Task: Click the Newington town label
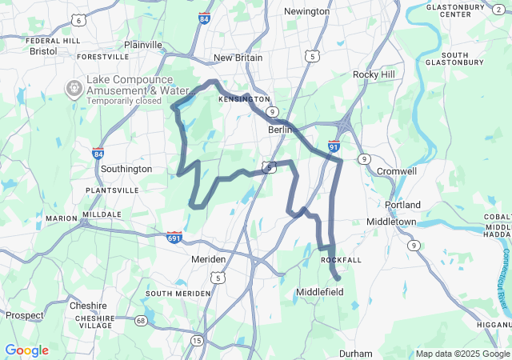(x=307, y=11)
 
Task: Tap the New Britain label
(x=238, y=58)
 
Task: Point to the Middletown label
(x=391, y=222)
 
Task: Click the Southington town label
(x=126, y=170)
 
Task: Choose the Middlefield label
(x=320, y=293)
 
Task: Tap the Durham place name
(x=355, y=354)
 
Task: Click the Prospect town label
(x=25, y=315)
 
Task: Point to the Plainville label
(x=142, y=46)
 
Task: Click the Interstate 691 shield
(x=174, y=238)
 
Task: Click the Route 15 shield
(x=197, y=341)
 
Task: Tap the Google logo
(x=26, y=350)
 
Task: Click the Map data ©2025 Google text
(x=461, y=354)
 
